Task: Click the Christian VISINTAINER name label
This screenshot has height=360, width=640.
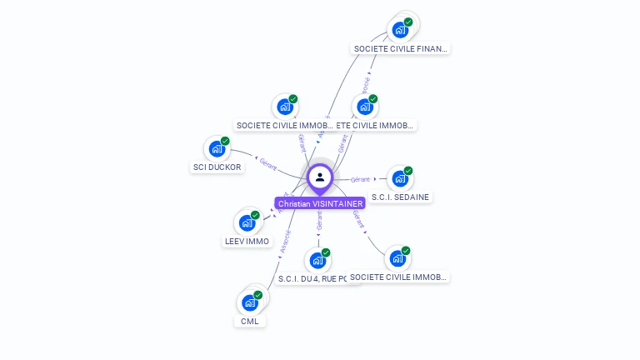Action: pyautogui.click(x=320, y=203)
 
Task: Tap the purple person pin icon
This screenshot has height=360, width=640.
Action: pyautogui.click(x=320, y=177)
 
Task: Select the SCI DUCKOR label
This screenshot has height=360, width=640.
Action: pyautogui.click(x=217, y=167)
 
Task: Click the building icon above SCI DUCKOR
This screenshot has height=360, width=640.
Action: pyautogui.click(x=217, y=149)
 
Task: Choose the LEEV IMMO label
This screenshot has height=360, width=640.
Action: pyautogui.click(x=247, y=241)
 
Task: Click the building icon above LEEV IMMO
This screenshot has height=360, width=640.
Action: pyautogui.click(x=247, y=222)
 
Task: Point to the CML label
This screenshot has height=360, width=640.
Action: pyautogui.click(x=250, y=321)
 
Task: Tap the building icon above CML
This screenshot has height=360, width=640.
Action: pyautogui.click(x=250, y=302)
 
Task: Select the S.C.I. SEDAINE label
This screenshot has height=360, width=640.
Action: pyautogui.click(x=402, y=197)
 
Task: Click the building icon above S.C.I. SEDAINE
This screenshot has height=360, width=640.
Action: pyautogui.click(x=400, y=178)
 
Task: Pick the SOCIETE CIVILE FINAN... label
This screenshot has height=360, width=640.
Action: pyautogui.click(x=401, y=48)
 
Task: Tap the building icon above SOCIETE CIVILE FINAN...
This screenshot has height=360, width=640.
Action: pyautogui.click(x=400, y=30)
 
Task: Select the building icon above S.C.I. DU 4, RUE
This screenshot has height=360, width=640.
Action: pyautogui.click(x=317, y=260)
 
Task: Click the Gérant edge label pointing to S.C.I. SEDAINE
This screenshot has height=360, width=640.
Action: pyautogui.click(x=360, y=179)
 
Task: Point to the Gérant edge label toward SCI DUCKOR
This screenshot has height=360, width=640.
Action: pyautogui.click(x=267, y=163)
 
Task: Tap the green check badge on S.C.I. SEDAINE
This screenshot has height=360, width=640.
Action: pyautogui.click(x=408, y=171)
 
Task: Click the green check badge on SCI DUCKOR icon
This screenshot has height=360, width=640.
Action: pyautogui.click(x=225, y=141)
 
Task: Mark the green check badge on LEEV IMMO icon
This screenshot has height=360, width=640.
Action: pyautogui.click(x=255, y=215)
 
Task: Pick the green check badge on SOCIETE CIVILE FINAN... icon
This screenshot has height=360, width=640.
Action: pyautogui.click(x=408, y=22)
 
